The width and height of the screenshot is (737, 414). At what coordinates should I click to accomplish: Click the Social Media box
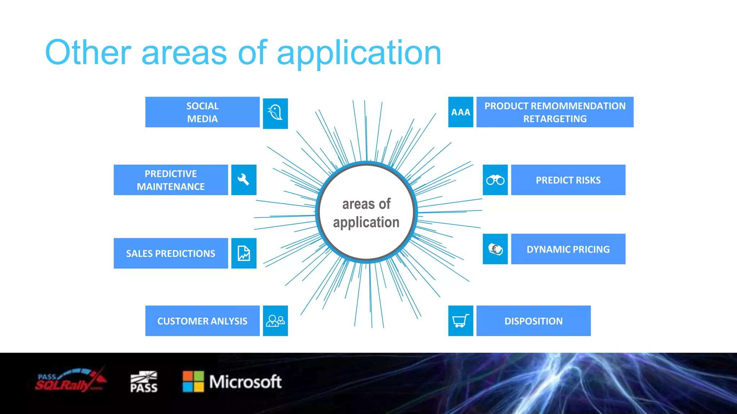tap(202, 112)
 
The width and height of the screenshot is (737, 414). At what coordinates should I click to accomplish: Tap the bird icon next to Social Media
tap(275, 113)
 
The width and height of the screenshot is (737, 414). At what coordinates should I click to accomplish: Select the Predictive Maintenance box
tap(171, 180)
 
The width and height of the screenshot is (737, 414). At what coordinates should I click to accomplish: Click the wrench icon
tap(244, 180)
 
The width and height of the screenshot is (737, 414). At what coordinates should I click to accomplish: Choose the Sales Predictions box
tap(171, 253)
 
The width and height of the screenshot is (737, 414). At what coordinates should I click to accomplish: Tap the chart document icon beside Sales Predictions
tap(244, 253)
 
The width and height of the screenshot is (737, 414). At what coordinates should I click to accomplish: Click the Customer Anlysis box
tap(202, 321)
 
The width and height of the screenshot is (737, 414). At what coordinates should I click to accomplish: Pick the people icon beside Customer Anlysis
tap(275, 321)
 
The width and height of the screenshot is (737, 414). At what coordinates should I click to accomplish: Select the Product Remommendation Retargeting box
tap(555, 112)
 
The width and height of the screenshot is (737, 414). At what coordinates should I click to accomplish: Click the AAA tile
tap(461, 112)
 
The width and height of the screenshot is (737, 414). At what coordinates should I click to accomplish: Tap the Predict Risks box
tap(568, 180)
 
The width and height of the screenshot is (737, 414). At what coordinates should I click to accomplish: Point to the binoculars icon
tap(495, 180)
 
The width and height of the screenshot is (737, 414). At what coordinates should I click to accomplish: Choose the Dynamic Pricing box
tap(568, 249)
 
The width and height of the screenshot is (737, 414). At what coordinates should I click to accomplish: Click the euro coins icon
tap(495, 249)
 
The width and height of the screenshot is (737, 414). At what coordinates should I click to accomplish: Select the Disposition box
tap(533, 321)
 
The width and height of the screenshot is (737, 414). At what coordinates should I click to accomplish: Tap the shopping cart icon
tap(461, 321)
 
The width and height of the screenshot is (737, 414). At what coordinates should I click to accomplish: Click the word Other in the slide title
tap(88, 52)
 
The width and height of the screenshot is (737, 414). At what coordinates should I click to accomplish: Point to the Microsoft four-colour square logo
tap(193, 381)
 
